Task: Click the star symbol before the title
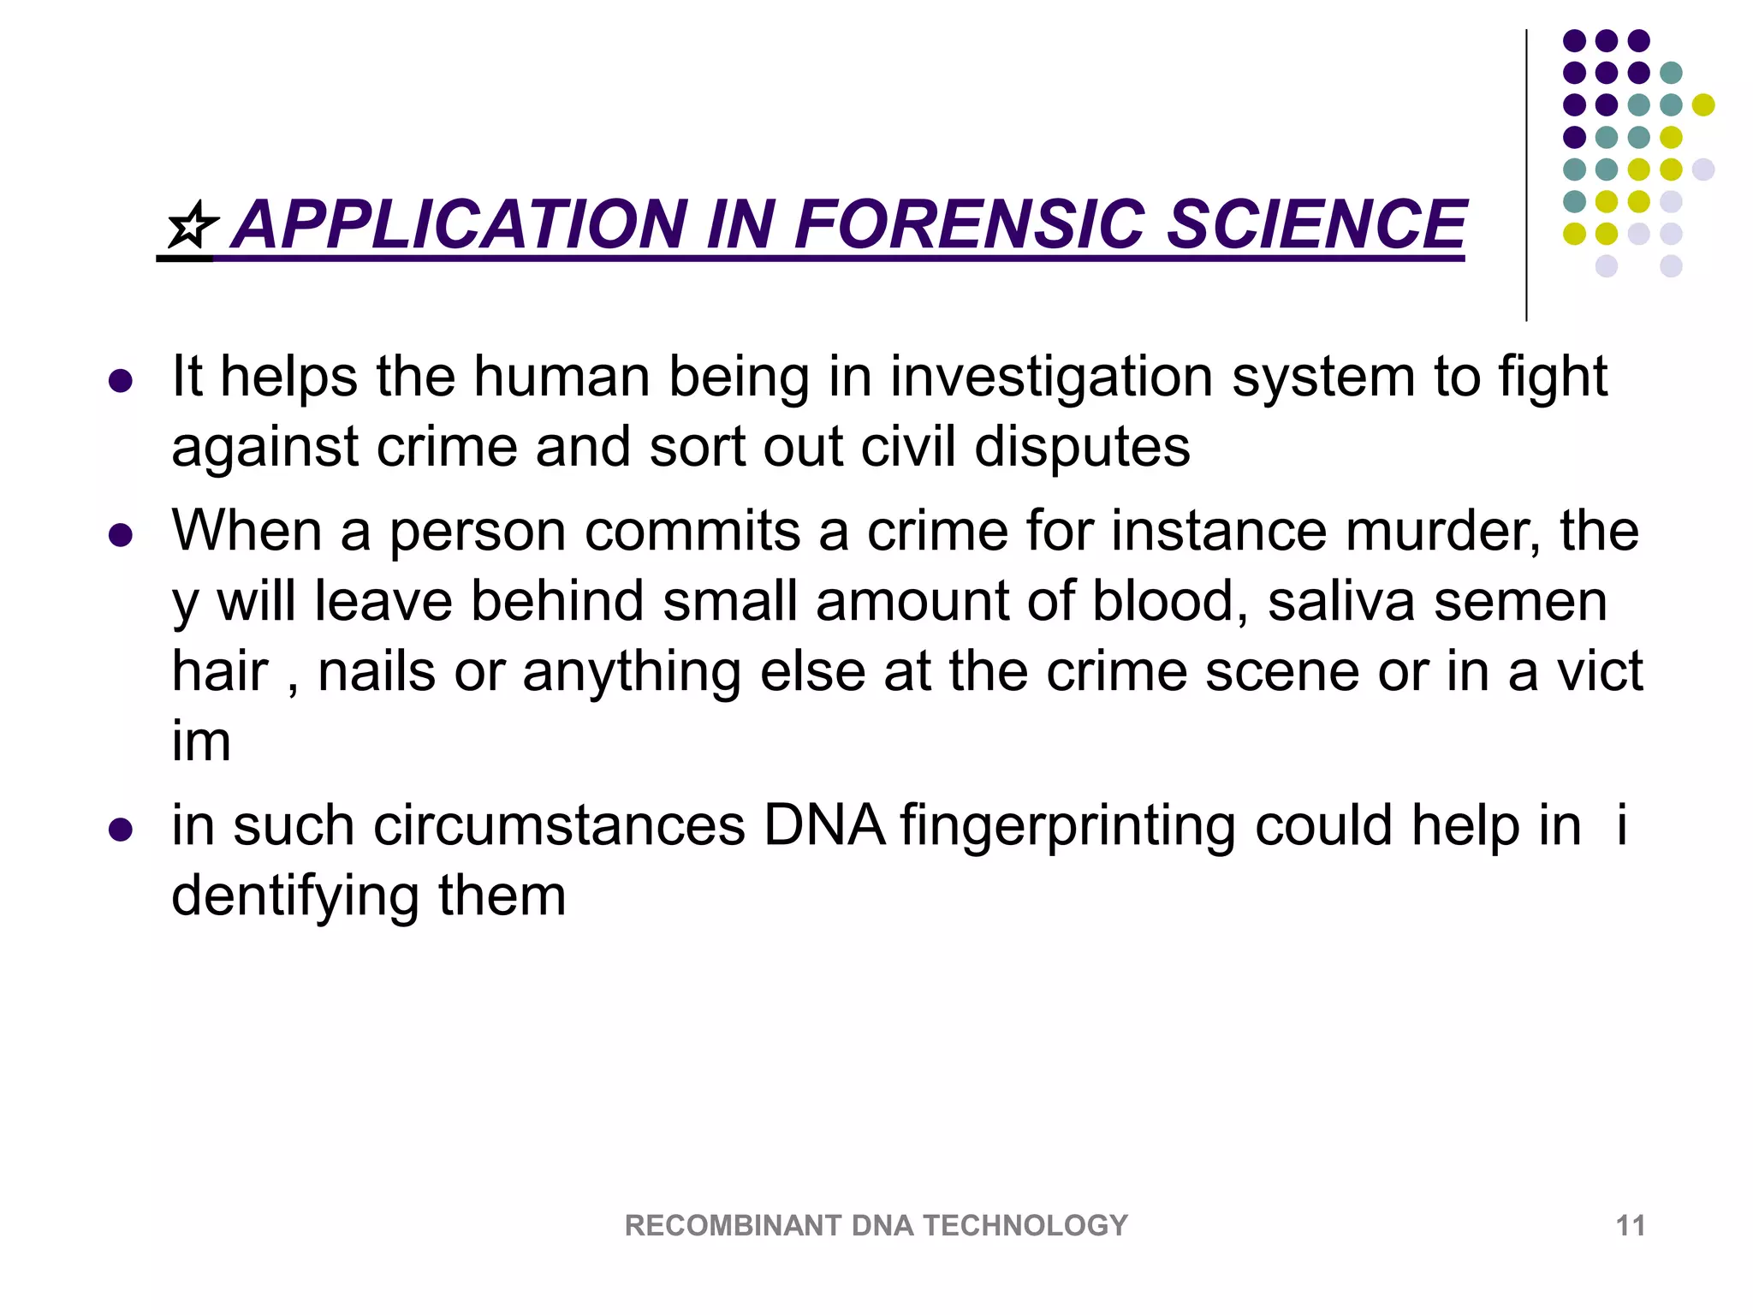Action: (x=192, y=226)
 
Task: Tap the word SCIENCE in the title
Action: (x=1316, y=224)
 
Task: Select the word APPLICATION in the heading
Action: (x=459, y=224)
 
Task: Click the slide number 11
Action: (x=1630, y=1225)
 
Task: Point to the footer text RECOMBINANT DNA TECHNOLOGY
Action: (x=876, y=1225)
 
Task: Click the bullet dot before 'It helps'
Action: (x=121, y=381)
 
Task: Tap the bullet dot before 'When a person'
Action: (x=121, y=536)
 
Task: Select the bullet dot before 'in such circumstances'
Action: (x=121, y=830)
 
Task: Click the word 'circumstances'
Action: (x=559, y=825)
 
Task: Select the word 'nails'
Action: (x=377, y=671)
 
